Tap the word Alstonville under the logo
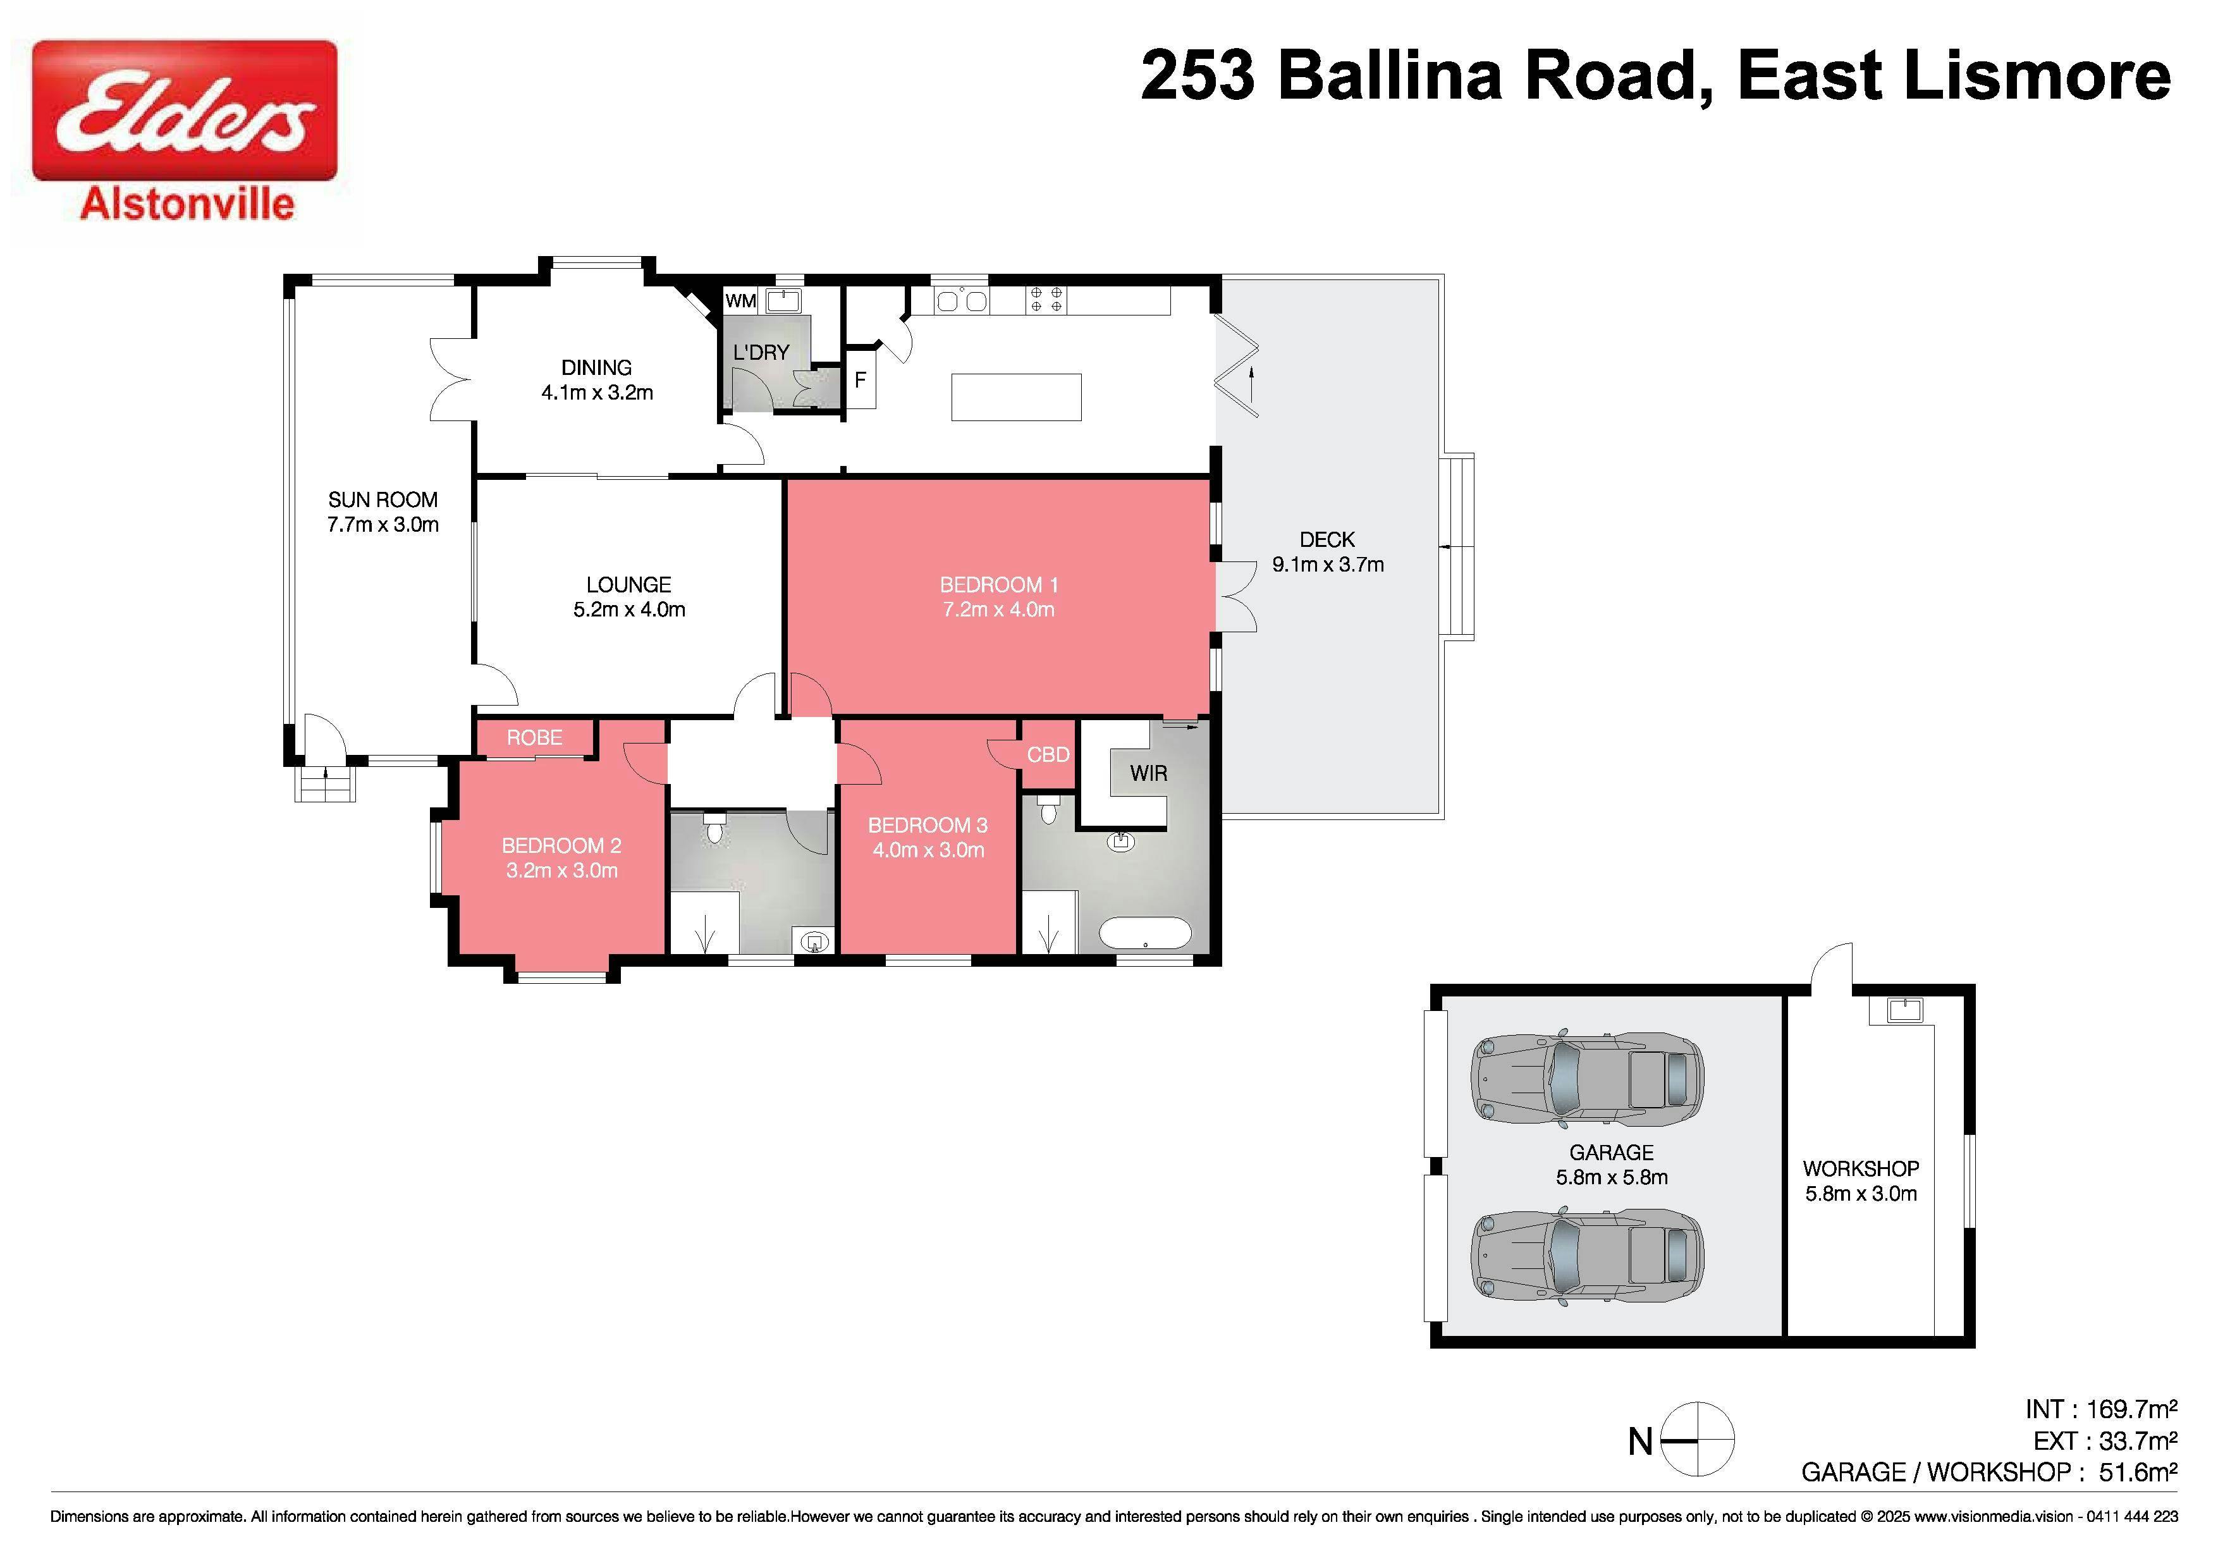(187, 205)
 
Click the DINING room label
(596, 367)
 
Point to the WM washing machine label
(741, 300)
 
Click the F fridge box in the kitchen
(861, 380)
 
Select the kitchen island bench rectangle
(1016, 397)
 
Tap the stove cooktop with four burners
(1046, 300)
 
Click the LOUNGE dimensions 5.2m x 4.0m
(629, 609)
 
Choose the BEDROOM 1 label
(999, 584)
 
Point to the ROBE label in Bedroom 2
(534, 738)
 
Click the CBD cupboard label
(1048, 754)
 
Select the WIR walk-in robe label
(1149, 773)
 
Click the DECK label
(1327, 539)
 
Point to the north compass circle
(1697, 1440)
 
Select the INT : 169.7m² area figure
(2101, 1409)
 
